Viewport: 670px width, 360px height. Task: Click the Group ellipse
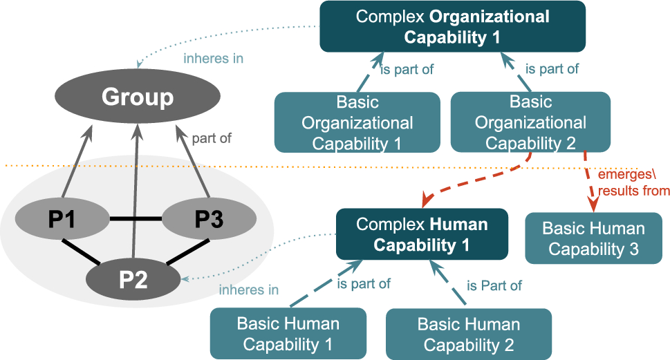point(138,97)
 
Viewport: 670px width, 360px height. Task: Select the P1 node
point(63,220)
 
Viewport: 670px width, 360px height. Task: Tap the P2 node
point(133,280)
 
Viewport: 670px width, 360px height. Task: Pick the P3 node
point(209,220)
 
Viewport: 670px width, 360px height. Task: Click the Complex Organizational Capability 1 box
point(452,26)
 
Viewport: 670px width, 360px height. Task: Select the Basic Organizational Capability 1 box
point(357,123)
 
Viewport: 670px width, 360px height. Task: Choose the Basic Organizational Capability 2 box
point(530,122)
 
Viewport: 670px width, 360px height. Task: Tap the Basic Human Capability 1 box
point(288,334)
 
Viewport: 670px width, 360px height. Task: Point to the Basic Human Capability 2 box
point(468,334)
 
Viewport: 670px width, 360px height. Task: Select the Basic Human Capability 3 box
point(593,238)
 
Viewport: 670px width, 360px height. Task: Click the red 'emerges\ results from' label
point(633,183)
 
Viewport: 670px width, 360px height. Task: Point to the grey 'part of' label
point(212,138)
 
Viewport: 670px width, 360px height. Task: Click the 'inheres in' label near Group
point(213,59)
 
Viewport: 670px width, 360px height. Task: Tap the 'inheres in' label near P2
point(249,290)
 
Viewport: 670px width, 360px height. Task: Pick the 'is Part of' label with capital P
point(494,285)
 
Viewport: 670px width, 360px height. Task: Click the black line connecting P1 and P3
point(135,220)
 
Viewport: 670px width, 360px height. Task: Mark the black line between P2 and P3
point(187,252)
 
